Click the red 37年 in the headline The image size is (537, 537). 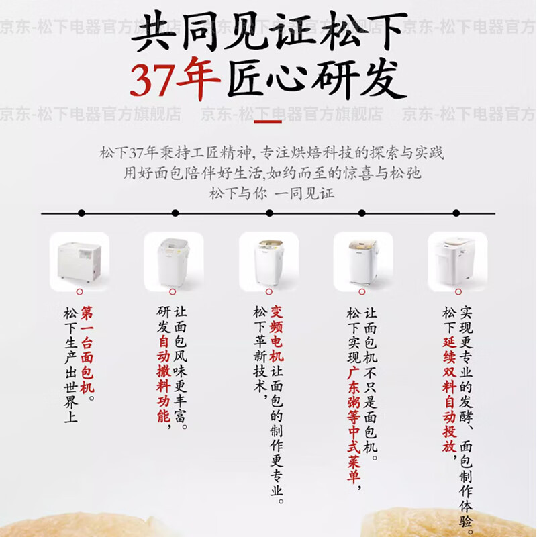175,80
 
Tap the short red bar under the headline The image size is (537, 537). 268,121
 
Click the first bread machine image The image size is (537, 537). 79,260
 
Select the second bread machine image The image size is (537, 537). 173,260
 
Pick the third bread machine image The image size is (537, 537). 268,260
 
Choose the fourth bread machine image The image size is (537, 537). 362,260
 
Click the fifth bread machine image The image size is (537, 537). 456,260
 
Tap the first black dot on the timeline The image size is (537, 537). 81,213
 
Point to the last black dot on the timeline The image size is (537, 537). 456,213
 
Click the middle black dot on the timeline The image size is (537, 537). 269,213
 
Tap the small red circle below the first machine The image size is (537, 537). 79,292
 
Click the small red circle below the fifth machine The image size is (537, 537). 457,292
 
